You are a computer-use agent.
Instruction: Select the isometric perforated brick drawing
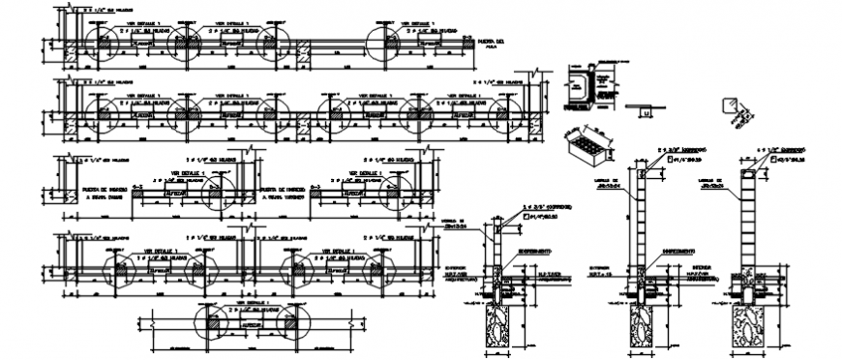point(583,147)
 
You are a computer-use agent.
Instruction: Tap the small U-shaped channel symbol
point(644,112)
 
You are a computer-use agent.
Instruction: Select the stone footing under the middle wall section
point(643,328)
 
